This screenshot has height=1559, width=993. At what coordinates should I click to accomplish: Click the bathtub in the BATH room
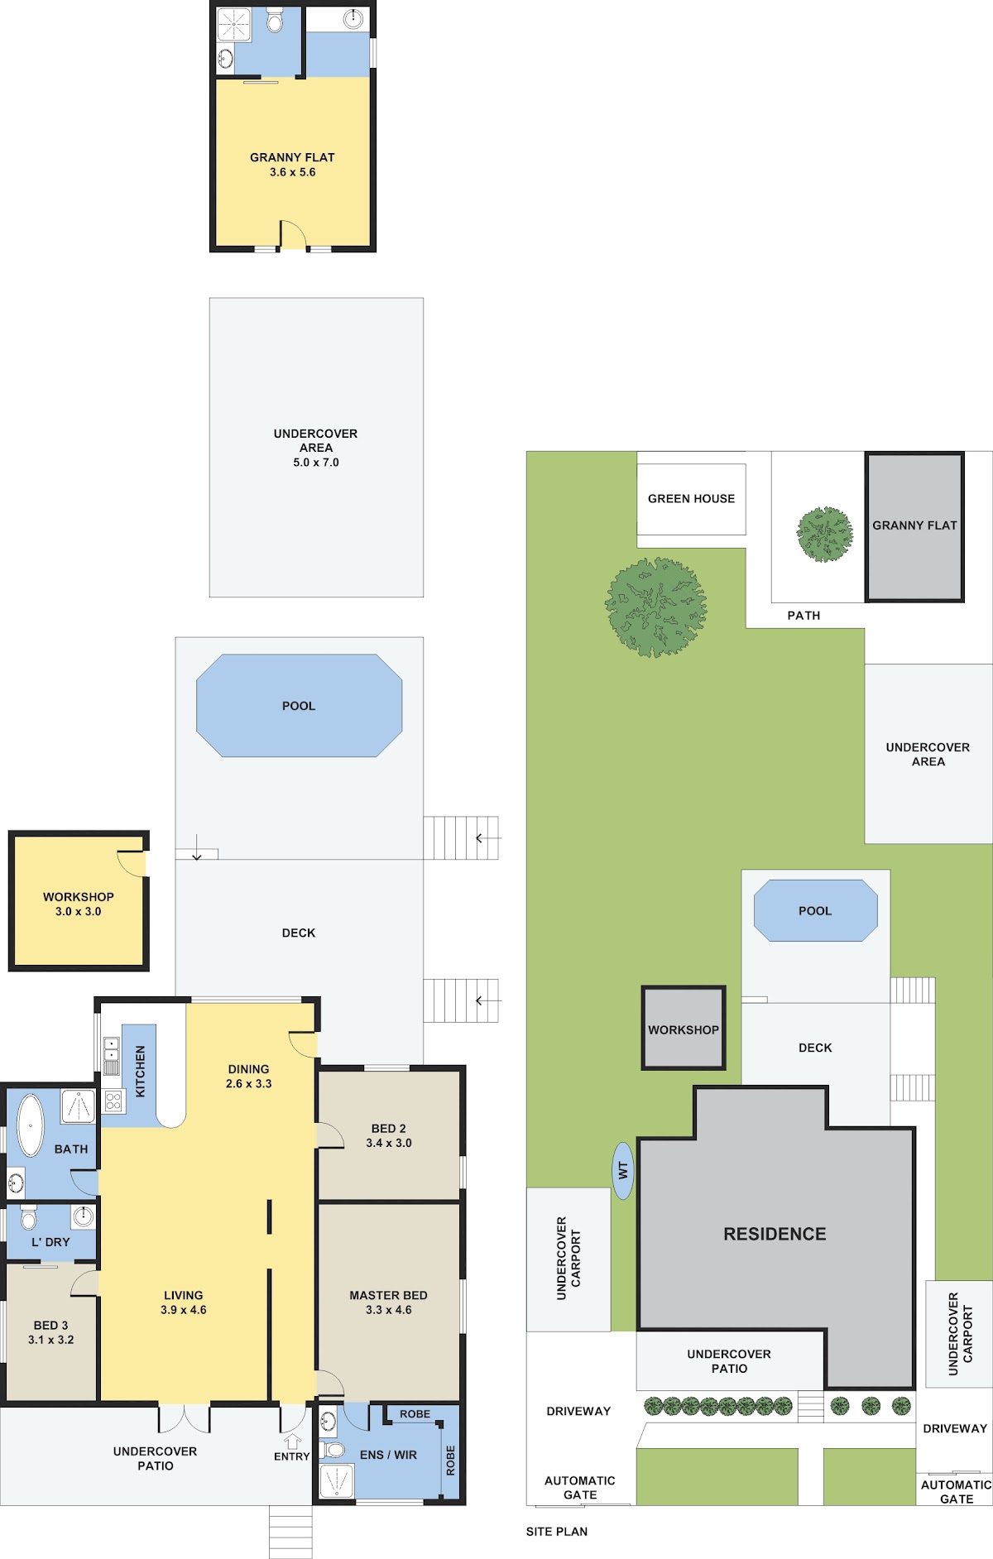(x=31, y=1125)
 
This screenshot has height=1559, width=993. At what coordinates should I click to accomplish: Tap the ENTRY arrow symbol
(x=292, y=1441)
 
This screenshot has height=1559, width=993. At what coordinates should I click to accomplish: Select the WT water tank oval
(x=623, y=1170)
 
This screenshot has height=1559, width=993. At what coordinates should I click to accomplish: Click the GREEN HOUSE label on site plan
(x=691, y=498)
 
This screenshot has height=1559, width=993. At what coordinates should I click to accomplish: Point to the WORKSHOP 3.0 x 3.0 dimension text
(x=79, y=911)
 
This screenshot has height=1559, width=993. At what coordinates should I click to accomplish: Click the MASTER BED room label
(x=388, y=1295)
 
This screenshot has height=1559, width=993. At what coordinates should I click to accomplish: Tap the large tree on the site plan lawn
(x=656, y=607)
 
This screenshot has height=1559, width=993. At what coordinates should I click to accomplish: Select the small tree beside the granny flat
(x=825, y=535)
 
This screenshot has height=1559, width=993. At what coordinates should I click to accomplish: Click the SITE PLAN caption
(x=557, y=1532)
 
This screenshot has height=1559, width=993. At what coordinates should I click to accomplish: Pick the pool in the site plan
(x=815, y=910)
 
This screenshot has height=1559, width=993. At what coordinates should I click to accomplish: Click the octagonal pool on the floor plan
(x=299, y=706)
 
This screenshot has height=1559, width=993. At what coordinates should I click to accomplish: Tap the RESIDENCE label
(x=775, y=1234)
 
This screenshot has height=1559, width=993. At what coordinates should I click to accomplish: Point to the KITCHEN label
(x=140, y=1072)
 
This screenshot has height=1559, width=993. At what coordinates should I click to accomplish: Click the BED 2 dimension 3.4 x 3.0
(x=389, y=1143)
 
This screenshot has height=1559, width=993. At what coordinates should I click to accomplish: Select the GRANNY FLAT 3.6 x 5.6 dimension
(x=293, y=172)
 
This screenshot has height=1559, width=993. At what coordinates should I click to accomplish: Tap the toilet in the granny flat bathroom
(x=275, y=20)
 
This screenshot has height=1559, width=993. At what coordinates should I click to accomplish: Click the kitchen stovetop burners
(x=113, y=1101)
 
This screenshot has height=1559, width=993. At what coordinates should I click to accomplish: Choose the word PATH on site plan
(x=804, y=615)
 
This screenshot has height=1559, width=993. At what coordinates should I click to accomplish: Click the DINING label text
(x=248, y=1069)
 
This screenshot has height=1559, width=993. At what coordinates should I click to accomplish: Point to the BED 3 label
(x=51, y=1325)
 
